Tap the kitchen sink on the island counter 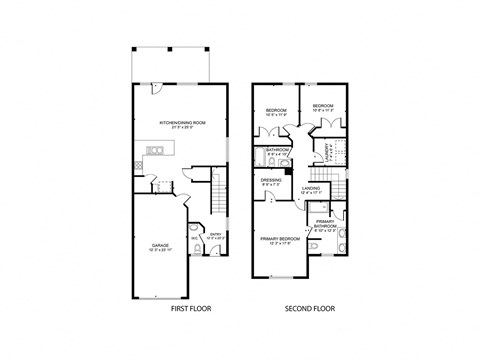click(x=154, y=150)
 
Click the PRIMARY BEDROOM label click(x=279, y=240)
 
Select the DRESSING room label click(x=271, y=183)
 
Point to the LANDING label click(x=310, y=188)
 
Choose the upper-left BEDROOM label click(x=276, y=112)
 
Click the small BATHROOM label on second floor click(x=277, y=151)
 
